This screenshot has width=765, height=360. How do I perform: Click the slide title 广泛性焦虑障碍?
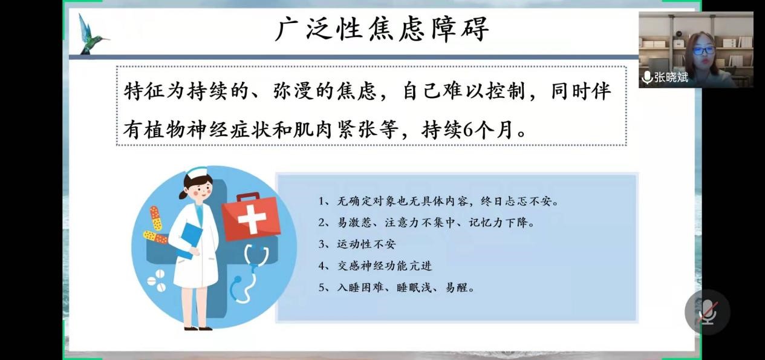point(382,30)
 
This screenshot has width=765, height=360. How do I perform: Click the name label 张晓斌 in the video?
point(671,77)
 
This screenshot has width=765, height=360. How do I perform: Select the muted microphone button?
point(708,312)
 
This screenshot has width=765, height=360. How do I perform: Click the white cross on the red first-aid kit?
point(252,218)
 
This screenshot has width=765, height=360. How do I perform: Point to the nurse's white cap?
point(197,173)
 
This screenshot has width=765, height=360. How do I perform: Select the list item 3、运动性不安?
point(357,244)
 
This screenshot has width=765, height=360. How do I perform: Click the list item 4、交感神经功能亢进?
point(375,266)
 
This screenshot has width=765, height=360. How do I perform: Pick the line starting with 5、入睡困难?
point(396,287)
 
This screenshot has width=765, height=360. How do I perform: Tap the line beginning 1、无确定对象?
point(438,201)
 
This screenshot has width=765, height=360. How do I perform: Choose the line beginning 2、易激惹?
point(426,223)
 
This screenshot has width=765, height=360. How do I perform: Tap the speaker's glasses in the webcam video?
point(704,51)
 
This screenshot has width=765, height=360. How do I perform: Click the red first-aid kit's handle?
point(248,197)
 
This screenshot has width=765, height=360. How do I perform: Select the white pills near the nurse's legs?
point(157,281)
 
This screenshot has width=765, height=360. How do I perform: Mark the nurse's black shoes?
point(198,329)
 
